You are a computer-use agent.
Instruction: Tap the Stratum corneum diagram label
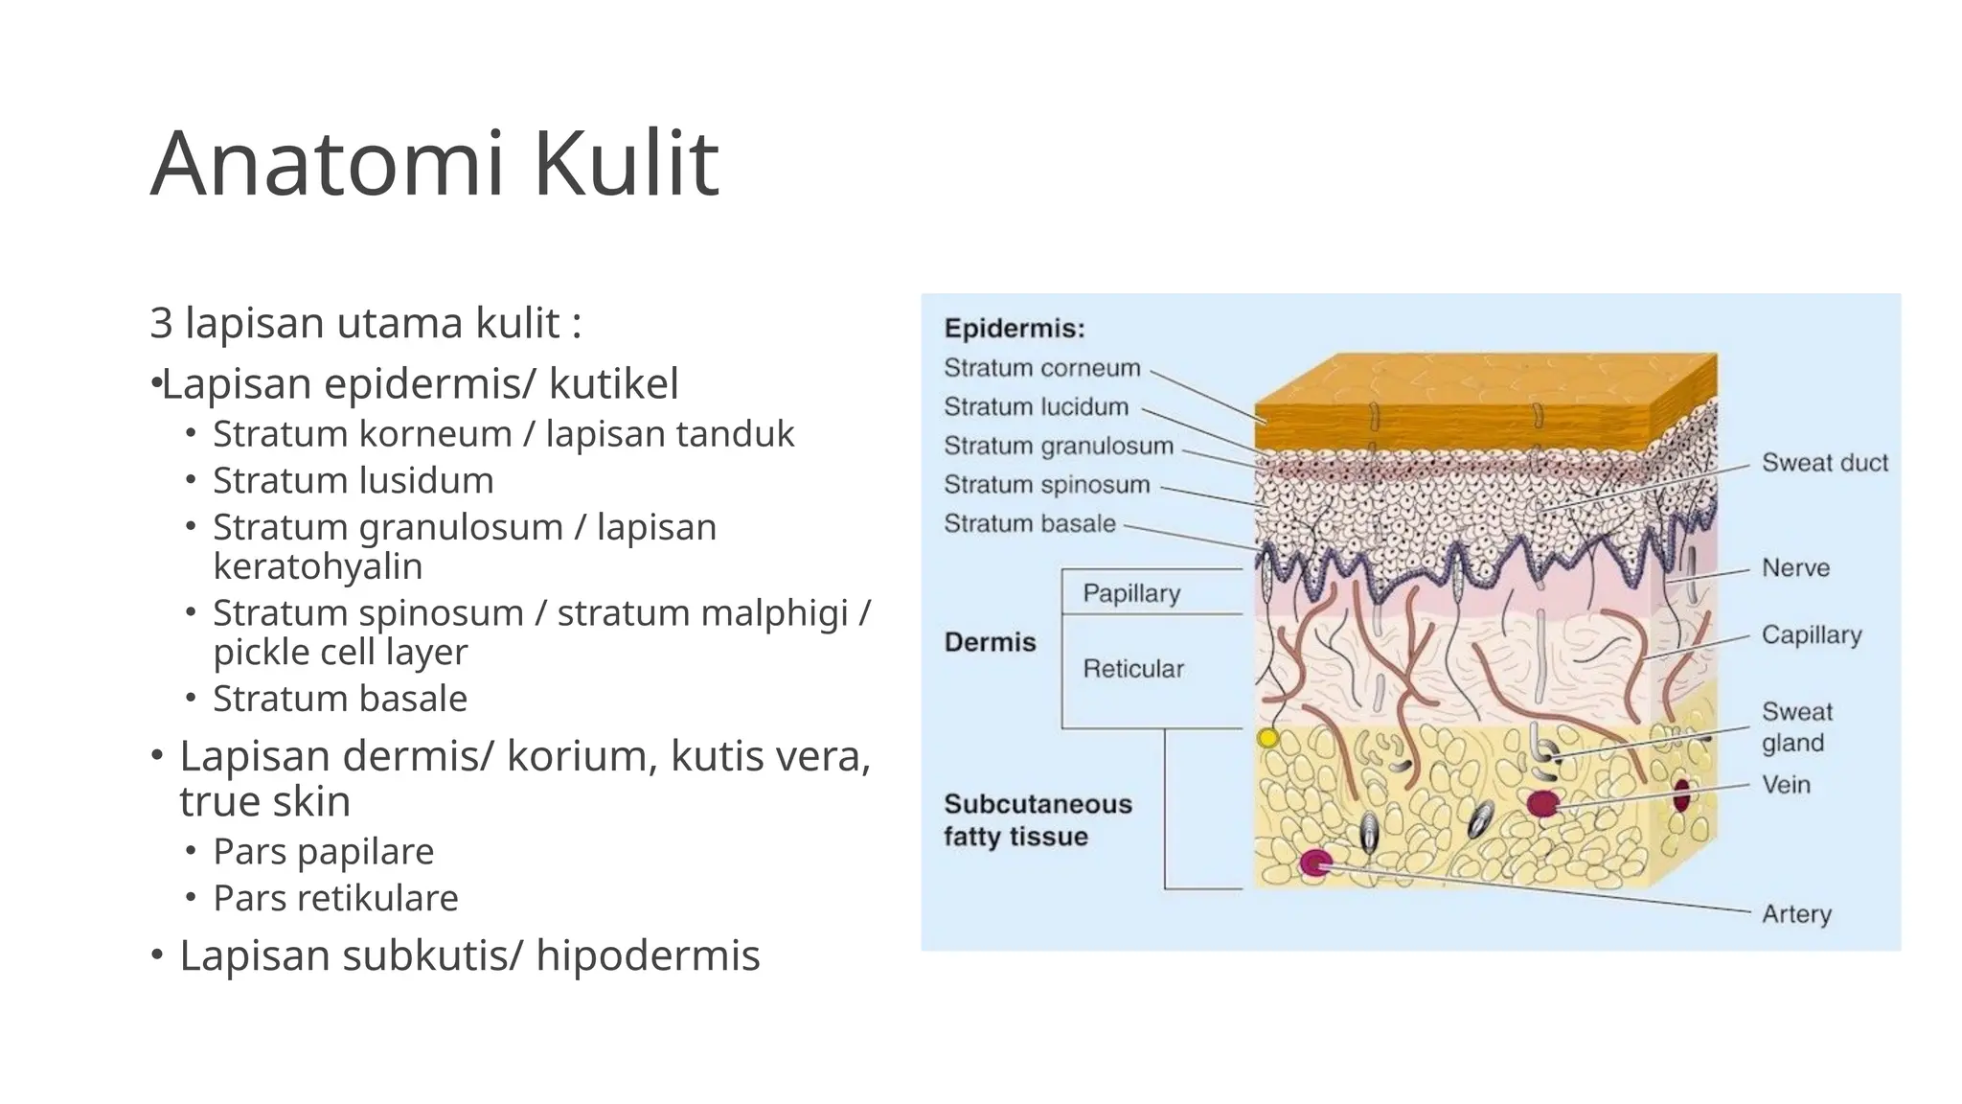click(1041, 368)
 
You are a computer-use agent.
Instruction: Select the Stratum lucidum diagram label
click(1036, 407)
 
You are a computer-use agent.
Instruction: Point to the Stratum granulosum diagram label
click(1058, 446)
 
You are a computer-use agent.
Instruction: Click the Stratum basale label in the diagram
click(1029, 523)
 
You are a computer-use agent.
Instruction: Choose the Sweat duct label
click(1824, 463)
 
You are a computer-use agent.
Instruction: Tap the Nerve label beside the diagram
click(1795, 568)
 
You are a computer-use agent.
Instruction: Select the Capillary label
click(1811, 635)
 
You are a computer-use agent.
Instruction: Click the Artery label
click(1796, 914)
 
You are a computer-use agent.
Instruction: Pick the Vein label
click(1786, 785)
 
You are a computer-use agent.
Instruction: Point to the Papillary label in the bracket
click(1130, 593)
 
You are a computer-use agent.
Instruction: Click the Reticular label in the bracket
click(1132, 669)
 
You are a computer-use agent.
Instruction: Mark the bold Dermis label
click(990, 642)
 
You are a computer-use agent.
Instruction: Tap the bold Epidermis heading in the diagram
click(1014, 329)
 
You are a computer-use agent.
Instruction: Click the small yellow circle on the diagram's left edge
click(1267, 738)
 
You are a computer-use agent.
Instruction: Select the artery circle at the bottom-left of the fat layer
click(1314, 863)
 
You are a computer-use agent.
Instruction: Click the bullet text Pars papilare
click(323, 851)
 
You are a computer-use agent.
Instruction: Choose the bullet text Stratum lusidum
click(353, 480)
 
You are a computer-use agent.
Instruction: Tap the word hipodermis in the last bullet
click(648, 955)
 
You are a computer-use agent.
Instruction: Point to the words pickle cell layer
click(340, 652)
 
